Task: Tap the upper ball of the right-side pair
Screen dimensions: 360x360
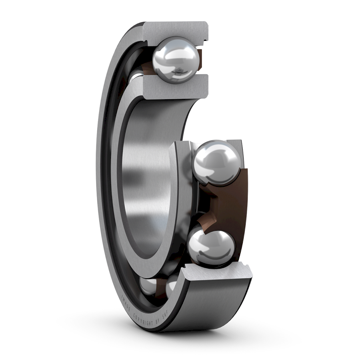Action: (x=216, y=163)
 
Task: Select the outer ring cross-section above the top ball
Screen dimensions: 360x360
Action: (x=176, y=30)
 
